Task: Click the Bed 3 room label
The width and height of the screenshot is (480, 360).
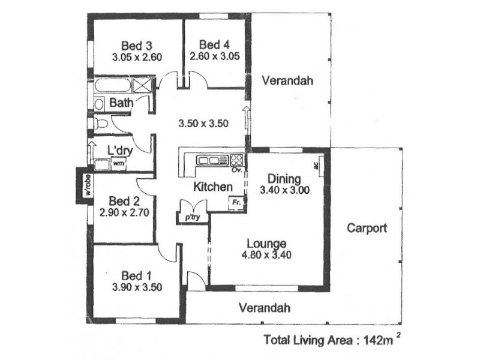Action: [x=137, y=46]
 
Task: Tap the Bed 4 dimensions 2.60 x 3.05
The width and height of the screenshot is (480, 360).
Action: [x=215, y=56]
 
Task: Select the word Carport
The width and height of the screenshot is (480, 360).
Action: [x=367, y=228]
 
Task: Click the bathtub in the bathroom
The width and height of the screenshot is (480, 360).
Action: [x=112, y=85]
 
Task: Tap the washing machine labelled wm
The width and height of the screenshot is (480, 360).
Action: [x=118, y=163]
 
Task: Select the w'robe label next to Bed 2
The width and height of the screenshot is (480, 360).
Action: [x=88, y=185]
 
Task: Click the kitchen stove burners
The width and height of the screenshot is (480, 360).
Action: [x=236, y=160]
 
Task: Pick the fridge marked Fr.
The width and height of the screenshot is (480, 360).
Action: [x=236, y=203]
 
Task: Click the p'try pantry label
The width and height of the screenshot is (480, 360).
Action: [x=193, y=217]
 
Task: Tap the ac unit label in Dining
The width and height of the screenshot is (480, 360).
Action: [x=316, y=166]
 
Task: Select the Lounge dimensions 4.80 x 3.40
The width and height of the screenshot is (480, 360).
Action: [x=266, y=254]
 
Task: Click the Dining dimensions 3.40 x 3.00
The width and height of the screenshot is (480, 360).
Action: [x=284, y=190]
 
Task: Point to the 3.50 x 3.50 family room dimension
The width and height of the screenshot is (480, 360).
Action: [x=203, y=124]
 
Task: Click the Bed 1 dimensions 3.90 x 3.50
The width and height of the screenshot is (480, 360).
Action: [x=137, y=287]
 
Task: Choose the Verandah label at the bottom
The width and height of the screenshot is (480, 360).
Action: [x=265, y=308]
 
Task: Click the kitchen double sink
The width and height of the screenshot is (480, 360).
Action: [x=208, y=160]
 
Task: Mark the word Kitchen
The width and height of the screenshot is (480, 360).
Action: [x=213, y=187]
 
